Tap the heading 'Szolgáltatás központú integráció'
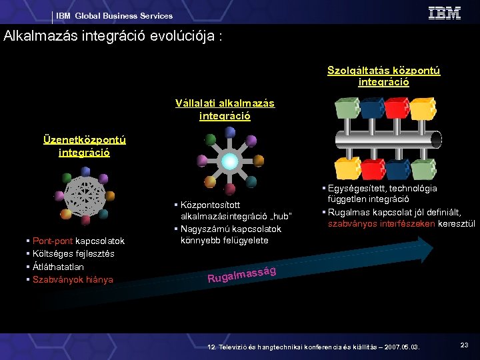click(383, 76)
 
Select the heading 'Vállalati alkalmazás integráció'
click(225, 109)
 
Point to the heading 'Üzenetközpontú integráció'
click(84, 145)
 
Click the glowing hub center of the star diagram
click(229, 161)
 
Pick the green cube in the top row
click(347, 107)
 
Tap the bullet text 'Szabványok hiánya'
click(73, 279)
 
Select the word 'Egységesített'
click(355, 189)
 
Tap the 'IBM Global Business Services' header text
click(114, 16)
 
